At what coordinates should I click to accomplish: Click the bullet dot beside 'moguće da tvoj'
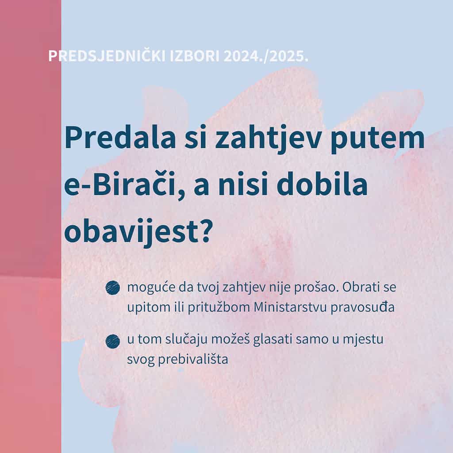click(113, 288)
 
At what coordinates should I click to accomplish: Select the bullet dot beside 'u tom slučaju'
click(113, 341)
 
